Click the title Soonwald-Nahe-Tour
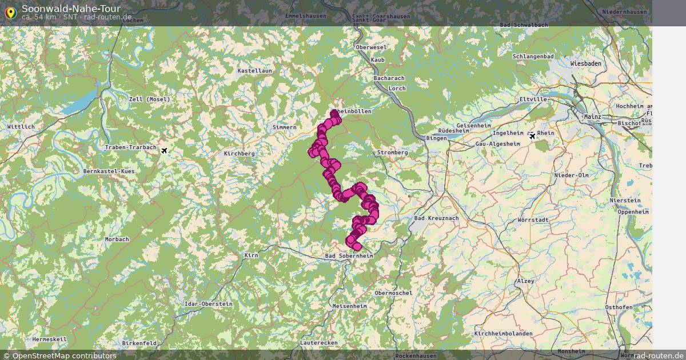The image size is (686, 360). (71, 9)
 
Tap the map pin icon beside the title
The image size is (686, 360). (10, 12)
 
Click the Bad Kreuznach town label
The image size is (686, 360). (436, 218)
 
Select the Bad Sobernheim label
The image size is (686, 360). (349, 256)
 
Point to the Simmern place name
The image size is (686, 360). (284, 127)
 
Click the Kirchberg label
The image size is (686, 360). (239, 154)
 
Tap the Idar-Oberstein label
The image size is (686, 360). (209, 304)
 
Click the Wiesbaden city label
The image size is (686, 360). (585, 63)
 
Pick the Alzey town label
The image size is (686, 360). (525, 281)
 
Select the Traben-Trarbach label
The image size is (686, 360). (130, 147)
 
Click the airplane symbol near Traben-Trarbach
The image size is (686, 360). (165, 151)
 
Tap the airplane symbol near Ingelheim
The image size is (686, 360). (533, 136)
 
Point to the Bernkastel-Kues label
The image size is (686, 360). (109, 171)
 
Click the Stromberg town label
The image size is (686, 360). (392, 153)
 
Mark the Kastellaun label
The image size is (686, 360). (254, 70)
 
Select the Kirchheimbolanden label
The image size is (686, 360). (503, 333)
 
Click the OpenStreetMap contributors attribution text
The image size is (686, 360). (64, 355)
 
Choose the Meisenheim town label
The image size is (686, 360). (349, 306)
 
